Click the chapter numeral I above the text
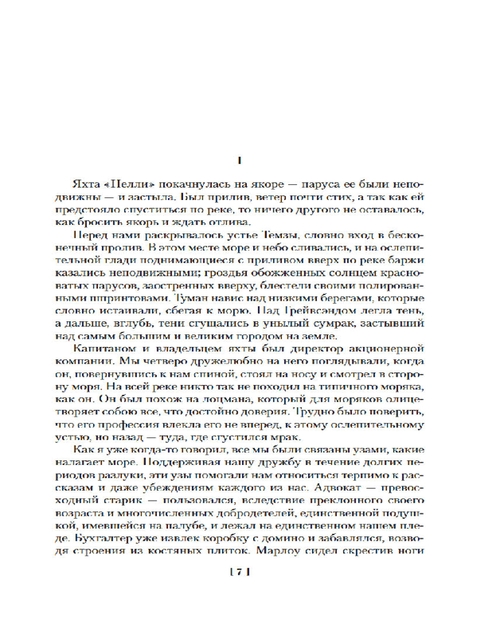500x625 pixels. pos(241,161)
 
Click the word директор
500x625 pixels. pos(316,347)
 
